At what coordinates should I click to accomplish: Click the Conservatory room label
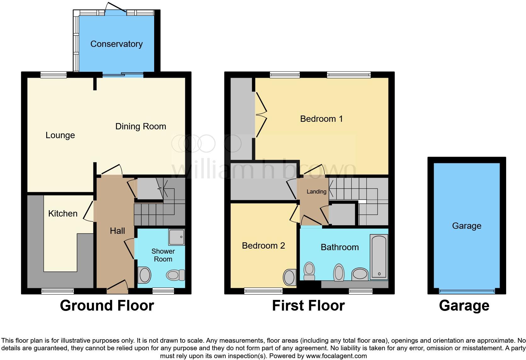(116, 44)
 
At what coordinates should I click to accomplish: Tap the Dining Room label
(141, 127)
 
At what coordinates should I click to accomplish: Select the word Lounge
(60, 135)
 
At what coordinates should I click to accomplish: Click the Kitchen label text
(63, 214)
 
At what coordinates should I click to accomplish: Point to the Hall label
(117, 231)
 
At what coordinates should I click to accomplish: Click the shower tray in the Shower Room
(176, 237)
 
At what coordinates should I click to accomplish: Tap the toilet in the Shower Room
(175, 275)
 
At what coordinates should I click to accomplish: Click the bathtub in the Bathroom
(379, 257)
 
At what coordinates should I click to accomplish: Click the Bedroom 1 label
(321, 119)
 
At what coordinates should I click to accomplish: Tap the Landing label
(316, 192)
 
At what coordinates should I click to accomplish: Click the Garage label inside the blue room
(467, 226)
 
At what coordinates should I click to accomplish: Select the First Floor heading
(308, 306)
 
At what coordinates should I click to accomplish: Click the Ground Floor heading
(107, 306)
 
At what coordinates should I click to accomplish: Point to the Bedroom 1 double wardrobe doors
(261, 115)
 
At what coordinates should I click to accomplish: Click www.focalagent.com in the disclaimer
(336, 356)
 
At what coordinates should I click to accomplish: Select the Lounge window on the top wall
(53, 75)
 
